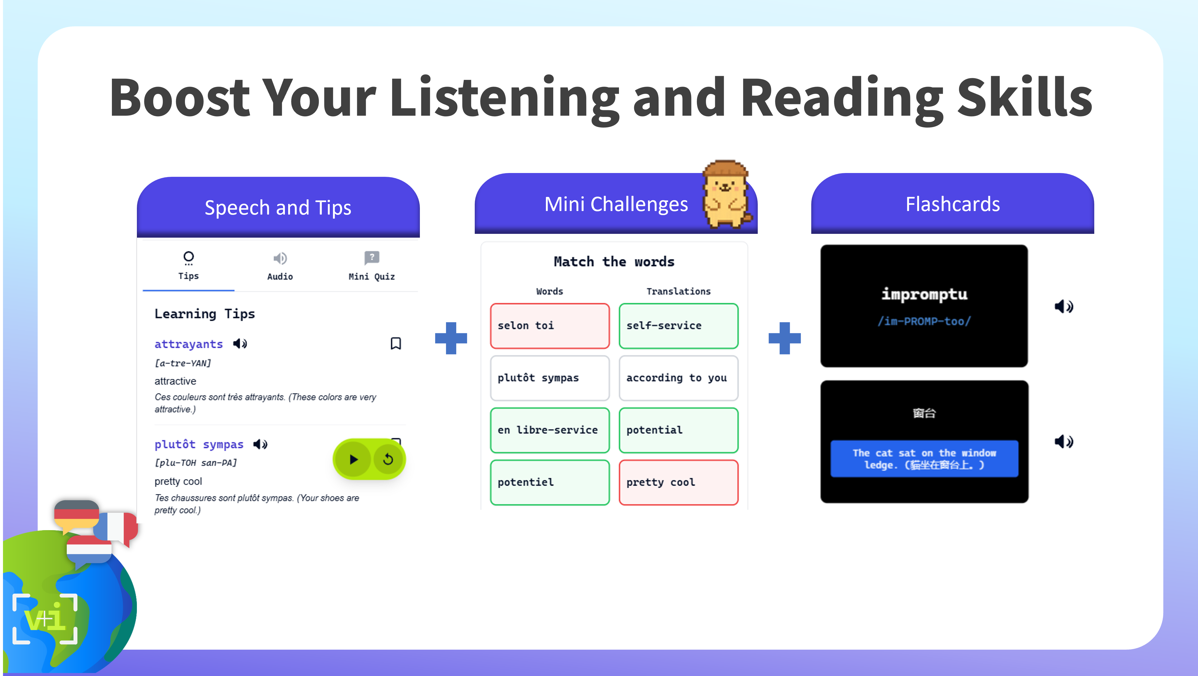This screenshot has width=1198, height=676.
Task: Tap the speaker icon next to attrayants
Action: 240,344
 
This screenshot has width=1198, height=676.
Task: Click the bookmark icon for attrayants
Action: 396,344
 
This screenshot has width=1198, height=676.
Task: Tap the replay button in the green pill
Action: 388,459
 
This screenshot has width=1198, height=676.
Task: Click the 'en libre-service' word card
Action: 550,430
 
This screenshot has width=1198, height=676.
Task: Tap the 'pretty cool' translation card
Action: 678,482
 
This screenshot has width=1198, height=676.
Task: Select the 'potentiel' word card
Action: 550,482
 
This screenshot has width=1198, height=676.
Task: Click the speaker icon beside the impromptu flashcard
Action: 1064,306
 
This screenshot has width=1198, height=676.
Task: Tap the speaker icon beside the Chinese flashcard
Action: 1064,441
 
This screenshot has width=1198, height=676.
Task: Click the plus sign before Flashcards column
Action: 785,338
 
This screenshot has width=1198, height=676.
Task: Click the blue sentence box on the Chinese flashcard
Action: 924,459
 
